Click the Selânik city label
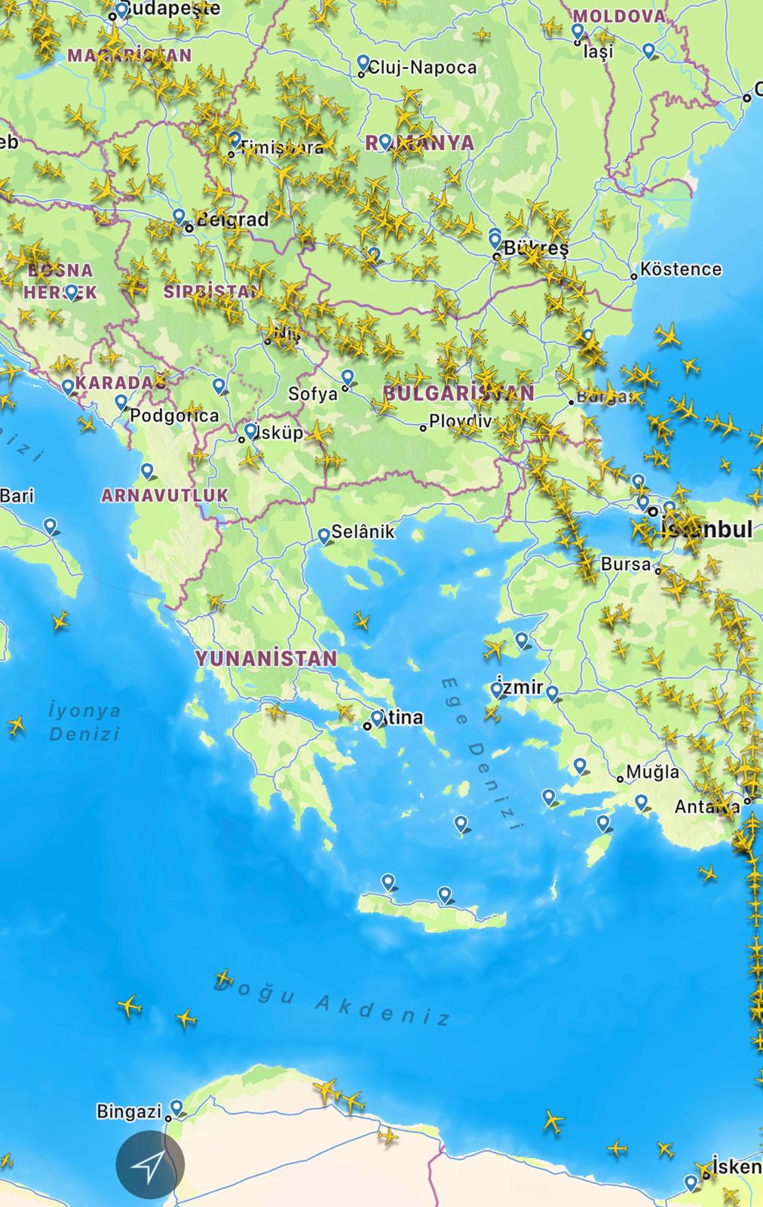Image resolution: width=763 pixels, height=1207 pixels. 363,531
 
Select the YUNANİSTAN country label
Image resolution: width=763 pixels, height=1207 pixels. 266,658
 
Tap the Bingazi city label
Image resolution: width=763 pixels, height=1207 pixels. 129,1111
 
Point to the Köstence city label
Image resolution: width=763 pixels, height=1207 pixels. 680,269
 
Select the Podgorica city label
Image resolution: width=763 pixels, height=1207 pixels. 174,416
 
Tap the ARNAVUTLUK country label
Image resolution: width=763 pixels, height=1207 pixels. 164,496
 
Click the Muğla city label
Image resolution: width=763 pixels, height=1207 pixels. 652,772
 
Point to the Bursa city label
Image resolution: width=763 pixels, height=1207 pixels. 625,564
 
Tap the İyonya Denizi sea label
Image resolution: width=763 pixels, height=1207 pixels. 84,721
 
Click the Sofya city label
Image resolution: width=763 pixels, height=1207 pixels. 312,393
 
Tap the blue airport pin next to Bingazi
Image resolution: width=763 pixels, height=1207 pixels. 176,1107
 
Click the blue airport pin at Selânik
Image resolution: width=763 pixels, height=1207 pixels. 324,535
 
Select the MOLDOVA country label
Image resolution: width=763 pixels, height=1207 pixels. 619,16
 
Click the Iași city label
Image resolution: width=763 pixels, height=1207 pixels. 599,51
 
